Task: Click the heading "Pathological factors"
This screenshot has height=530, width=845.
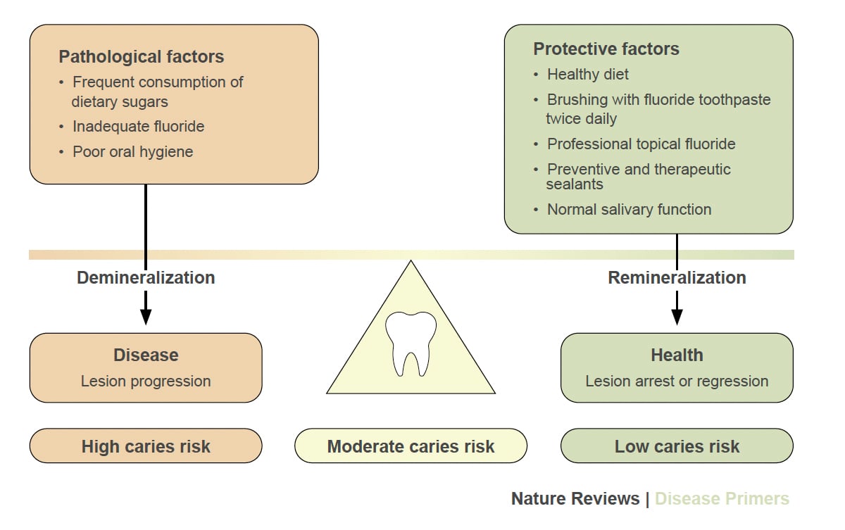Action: (x=141, y=56)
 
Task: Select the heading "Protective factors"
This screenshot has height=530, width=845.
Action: (x=606, y=49)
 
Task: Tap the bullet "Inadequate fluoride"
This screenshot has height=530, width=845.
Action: (x=138, y=127)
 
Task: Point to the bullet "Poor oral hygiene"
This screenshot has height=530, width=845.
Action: (x=132, y=151)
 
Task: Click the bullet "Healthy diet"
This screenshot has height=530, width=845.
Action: (x=587, y=74)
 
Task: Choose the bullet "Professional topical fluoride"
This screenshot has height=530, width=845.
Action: (x=641, y=144)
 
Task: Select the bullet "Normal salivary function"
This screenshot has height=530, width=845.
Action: (x=629, y=209)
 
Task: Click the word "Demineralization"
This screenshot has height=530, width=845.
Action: (x=146, y=277)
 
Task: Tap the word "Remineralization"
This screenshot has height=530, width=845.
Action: (x=677, y=277)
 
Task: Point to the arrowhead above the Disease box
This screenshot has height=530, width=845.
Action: (x=146, y=316)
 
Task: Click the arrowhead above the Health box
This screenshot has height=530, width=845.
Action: (x=677, y=316)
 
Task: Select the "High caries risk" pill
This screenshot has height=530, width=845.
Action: (x=146, y=446)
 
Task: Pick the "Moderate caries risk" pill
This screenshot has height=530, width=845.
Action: (x=411, y=446)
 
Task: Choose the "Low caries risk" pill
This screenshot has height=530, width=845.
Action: (x=677, y=446)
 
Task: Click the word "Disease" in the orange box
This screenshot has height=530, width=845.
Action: (x=146, y=355)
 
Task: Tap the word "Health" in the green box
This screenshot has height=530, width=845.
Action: (x=677, y=355)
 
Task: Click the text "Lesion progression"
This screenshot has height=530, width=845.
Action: (x=146, y=381)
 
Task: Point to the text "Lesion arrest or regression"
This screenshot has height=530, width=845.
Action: (x=677, y=381)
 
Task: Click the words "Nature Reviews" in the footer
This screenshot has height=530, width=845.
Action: (x=575, y=499)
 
